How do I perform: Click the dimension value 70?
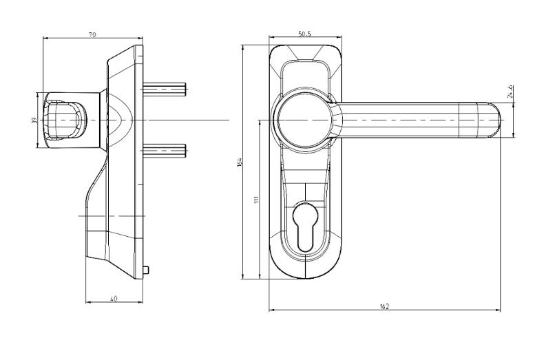pyautogui.click(x=92, y=32)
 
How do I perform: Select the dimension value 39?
pyautogui.click(x=34, y=120)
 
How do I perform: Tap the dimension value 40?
pyautogui.click(x=114, y=297)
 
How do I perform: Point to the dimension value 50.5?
pyautogui.click(x=304, y=33)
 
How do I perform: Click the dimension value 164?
pyautogui.click(x=239, y=162)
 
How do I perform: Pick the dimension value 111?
pyautogui.click(x=255, y=200)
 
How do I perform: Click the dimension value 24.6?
pyautogui.click(x=510, y=92)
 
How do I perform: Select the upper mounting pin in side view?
pyautogui.click(x=165, y=89)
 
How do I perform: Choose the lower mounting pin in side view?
pyautogui.click(x=165, y=149)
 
